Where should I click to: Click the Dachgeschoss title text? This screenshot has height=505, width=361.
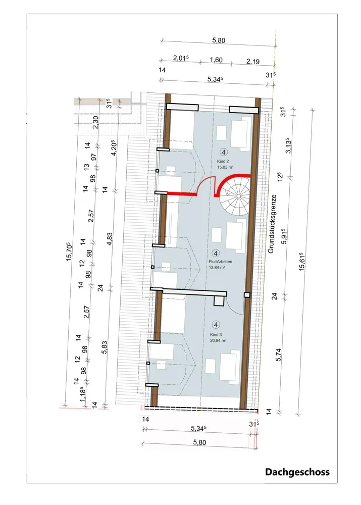click(297, 472)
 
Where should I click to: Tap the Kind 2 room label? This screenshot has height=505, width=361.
click(223, 161)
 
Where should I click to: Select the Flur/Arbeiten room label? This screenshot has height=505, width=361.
click(220, 262)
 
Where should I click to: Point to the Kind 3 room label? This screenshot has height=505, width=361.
click(216, 335)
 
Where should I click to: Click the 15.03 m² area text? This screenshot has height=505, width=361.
click(225, 167)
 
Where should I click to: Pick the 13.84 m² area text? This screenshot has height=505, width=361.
click(217, 267)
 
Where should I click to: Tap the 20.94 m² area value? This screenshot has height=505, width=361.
click(218, 340)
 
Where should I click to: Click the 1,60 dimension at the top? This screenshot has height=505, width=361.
click(216, 60)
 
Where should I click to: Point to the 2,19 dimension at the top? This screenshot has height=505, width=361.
click(253, 61)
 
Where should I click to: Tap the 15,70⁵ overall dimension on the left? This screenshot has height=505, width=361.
click(69, 251)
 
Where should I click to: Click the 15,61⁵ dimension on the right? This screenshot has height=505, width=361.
click(302, 262)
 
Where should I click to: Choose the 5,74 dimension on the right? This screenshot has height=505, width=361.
click(279, 355)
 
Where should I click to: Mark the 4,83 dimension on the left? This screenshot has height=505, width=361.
click(110, 239)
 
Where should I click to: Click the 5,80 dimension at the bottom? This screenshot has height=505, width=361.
click(199, 442)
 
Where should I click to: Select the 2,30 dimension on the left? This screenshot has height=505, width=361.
click(95, 122)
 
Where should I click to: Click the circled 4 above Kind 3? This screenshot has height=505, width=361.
click(217, 325)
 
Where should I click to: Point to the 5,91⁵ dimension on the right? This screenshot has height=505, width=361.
click(284, 236)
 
